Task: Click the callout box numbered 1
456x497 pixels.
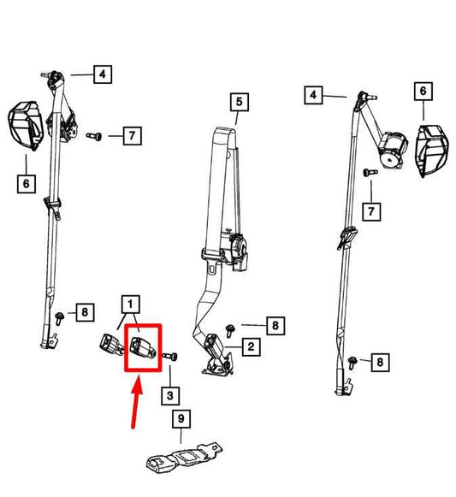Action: (x=130, y=305)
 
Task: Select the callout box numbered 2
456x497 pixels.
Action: (x=251, y=346)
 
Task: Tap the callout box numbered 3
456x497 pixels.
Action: (x=170, y=395)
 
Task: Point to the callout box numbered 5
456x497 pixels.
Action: (x=239, y=102)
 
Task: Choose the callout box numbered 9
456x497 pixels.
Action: (x=181, y=418)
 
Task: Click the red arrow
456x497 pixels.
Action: (x=136, y=402)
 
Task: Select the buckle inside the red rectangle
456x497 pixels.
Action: (x=144, y=347)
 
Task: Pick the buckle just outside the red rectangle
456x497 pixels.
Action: (x=111, y=345)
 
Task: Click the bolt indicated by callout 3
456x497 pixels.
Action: (x=170, y=357)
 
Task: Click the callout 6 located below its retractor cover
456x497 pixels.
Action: (x=26, y=183)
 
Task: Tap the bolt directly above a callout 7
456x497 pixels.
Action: (x=370, y=173)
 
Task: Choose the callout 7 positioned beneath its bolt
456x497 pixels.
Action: (x=371, y=211)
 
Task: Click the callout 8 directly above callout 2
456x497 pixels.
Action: (x=275, y=326)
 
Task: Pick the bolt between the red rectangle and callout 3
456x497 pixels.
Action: (x=170, y=357)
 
